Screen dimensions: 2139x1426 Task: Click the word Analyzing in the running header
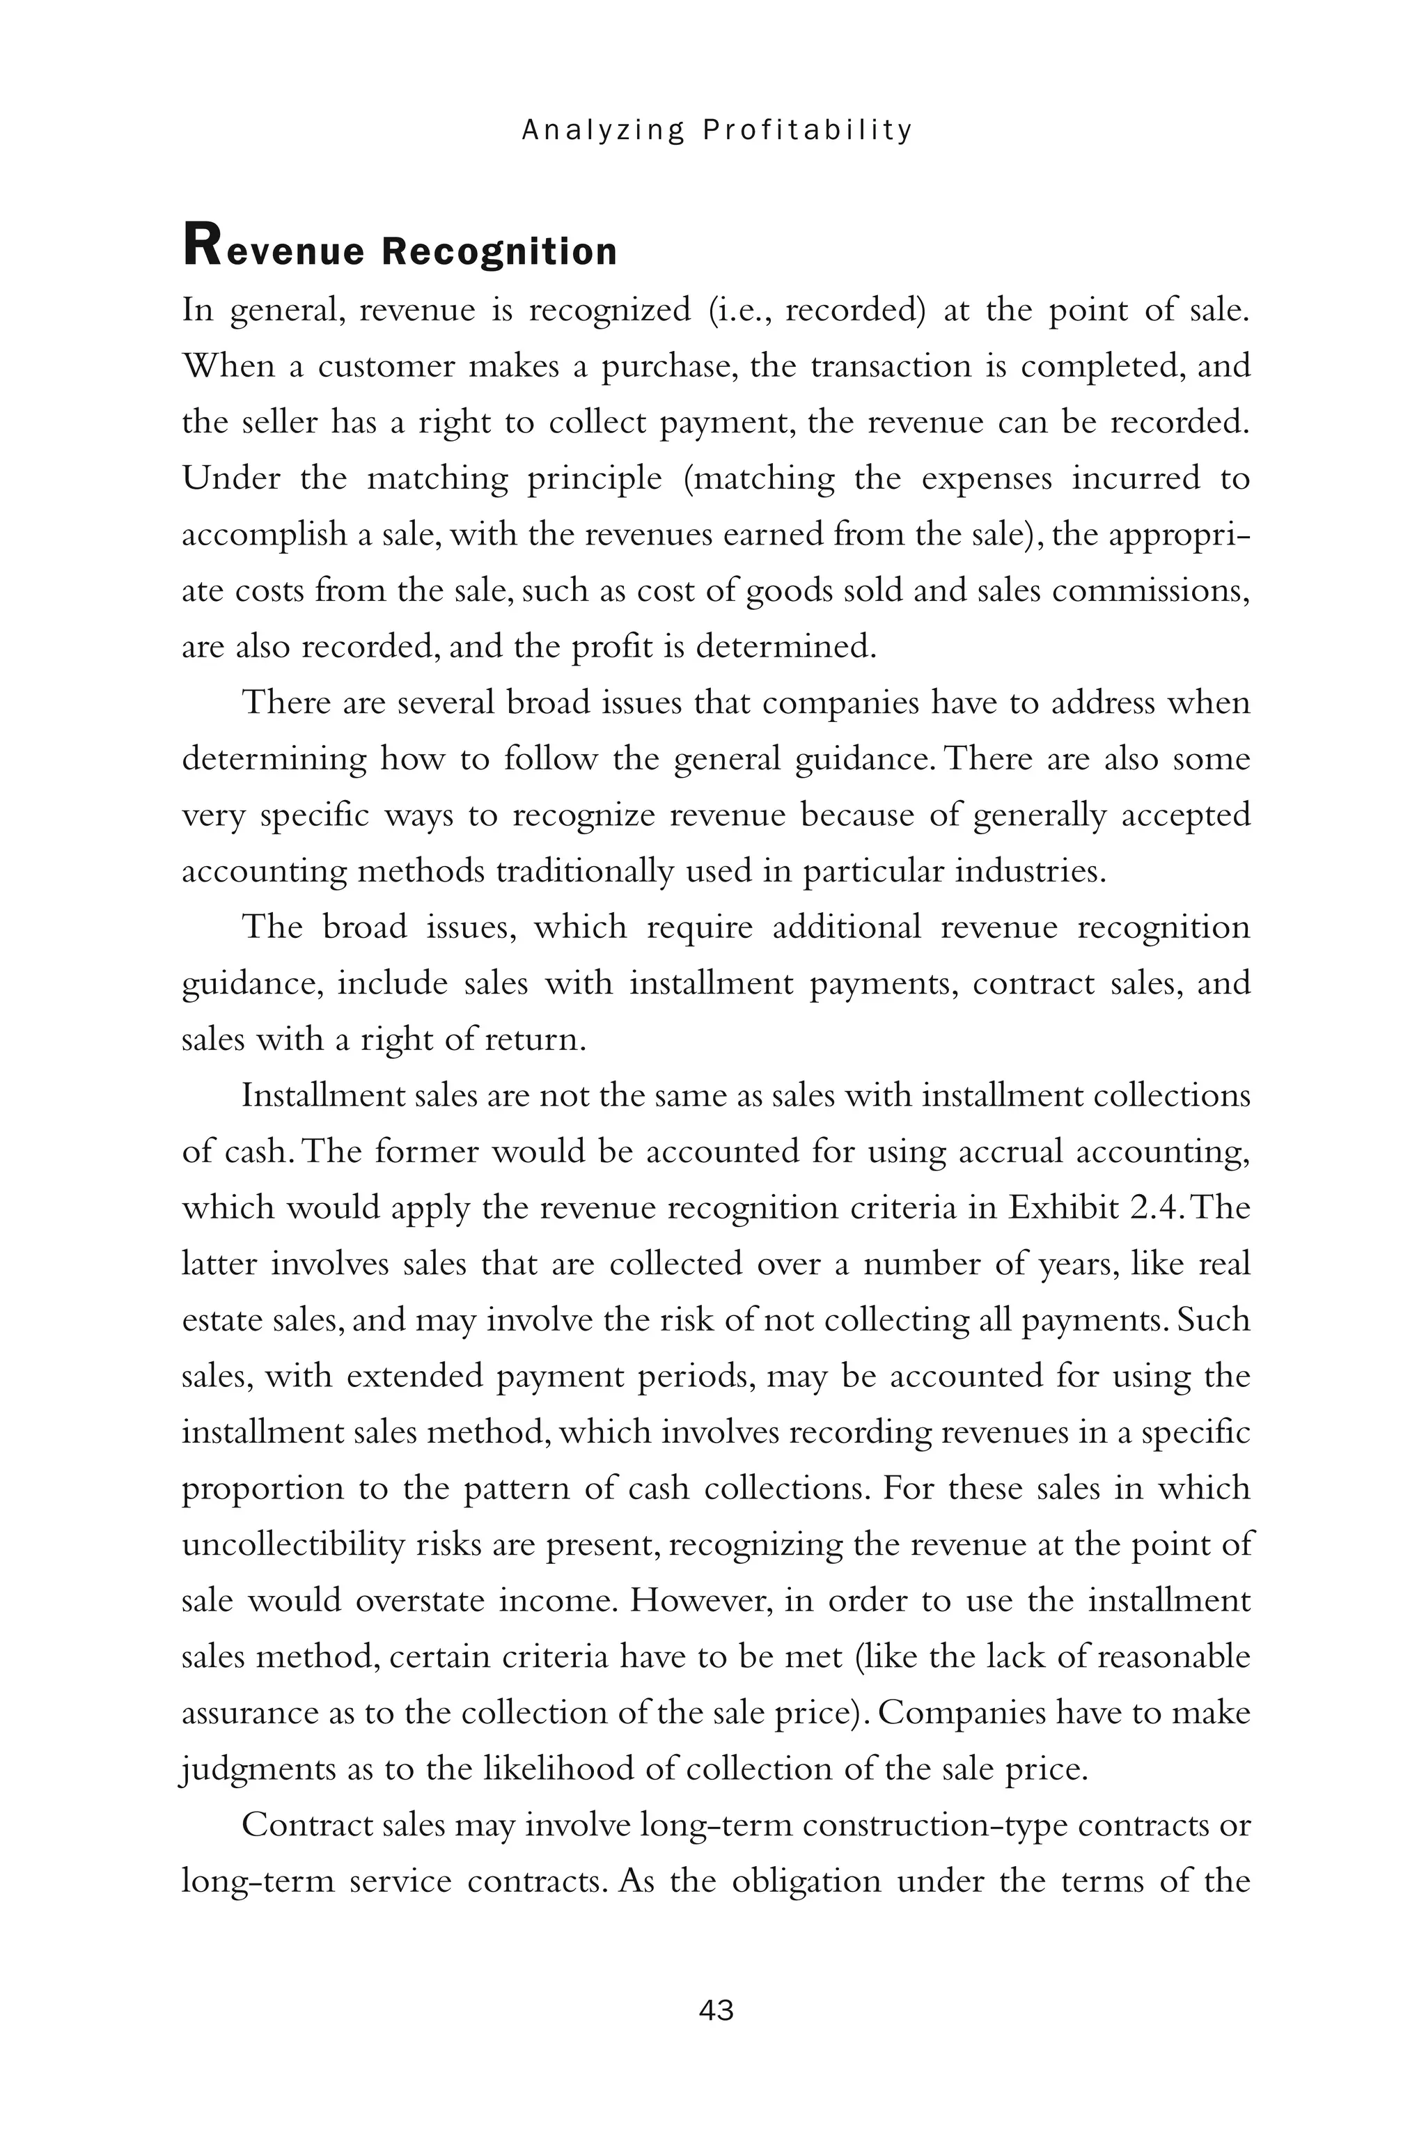[601, 131]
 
